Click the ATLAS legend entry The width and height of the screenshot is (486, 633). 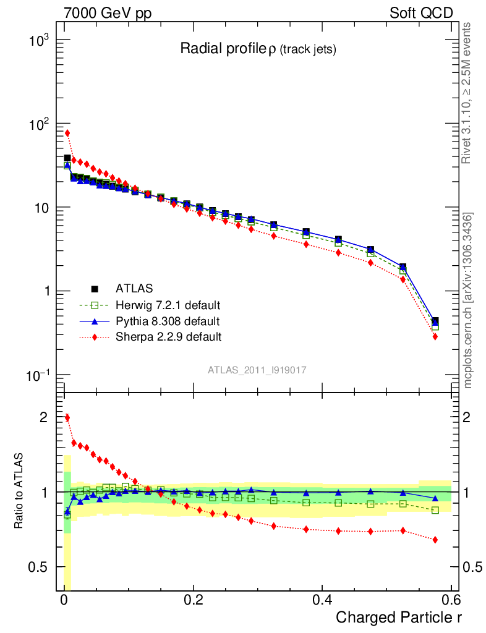pyautogui.click(x=133, y=288)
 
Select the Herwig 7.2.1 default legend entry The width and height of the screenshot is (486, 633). pyautogui.click(x=168, y=305)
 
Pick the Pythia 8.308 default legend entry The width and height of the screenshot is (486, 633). pyautogui.click(x=167, y=321)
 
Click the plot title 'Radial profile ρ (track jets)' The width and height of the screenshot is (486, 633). pyautogui.click(x=258, y=49)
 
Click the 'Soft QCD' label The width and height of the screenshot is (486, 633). pyautogui.click(x=420, y=13)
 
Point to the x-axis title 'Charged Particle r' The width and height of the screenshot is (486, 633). pyautogui.click(x=399, y=616)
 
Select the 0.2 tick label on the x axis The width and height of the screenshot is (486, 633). pyautogui.click(x=194, y=600)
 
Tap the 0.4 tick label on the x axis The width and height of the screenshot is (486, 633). pyautogui.click(x=322, y=600)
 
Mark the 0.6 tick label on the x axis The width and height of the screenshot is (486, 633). pyautogui.click(x=451, y=600)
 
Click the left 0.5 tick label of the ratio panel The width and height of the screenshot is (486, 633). pyautogui.click(x=39, y=567)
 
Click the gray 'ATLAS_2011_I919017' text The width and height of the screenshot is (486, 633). pyautogui.click(x=257, y=370)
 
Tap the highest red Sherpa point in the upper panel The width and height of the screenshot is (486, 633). pyautogui.click(x=67, y=133)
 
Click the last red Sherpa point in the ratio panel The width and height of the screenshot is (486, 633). pyautogui.click(x=435, y=540)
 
